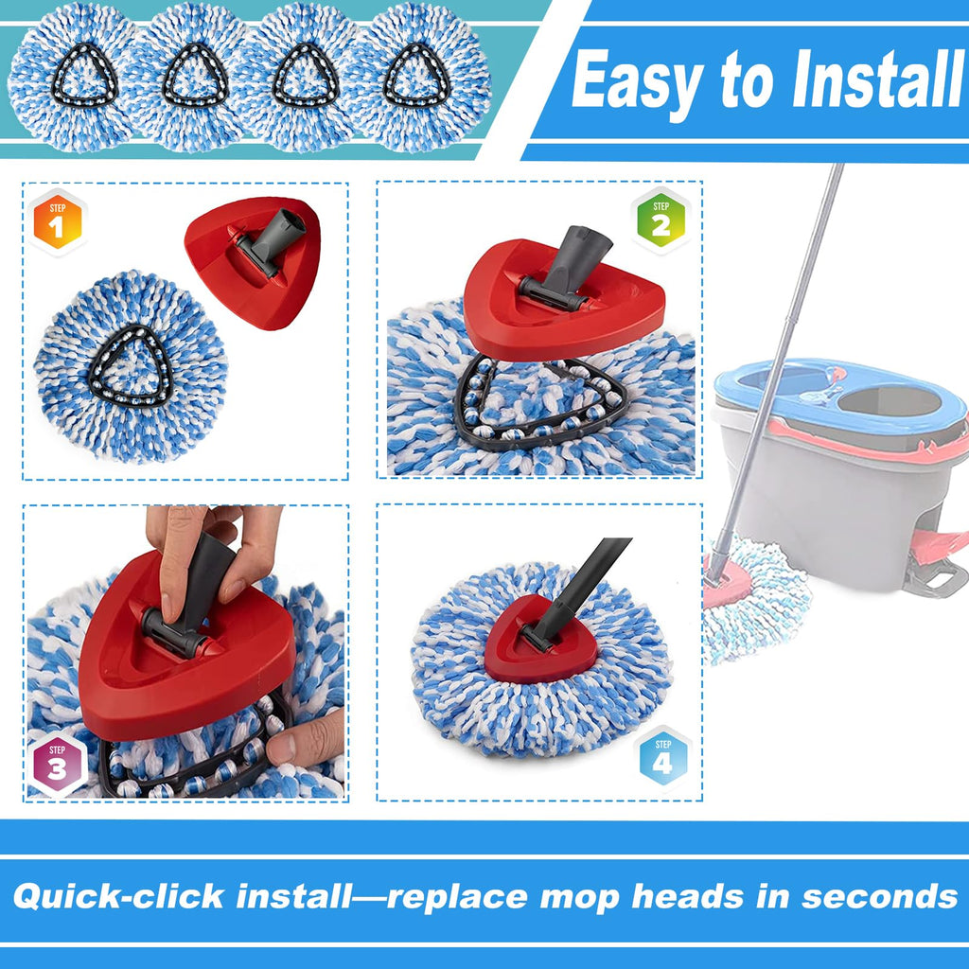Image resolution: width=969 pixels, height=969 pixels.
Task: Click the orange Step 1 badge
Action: click(57, 221)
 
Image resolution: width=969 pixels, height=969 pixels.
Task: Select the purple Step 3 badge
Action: click(57, 764)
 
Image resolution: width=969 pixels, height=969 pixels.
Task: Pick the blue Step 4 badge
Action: click(662, 758)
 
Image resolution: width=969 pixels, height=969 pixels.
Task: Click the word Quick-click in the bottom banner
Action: click(118, 896)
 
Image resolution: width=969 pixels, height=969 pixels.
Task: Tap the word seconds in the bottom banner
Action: click(880, 896)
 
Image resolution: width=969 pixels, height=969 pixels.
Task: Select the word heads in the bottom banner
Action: click(687, 895)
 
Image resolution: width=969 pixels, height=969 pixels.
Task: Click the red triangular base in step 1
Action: click(254, 262)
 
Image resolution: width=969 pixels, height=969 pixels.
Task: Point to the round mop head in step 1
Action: click(131, 367)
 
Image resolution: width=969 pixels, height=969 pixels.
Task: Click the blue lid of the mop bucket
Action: click(839, 396)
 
